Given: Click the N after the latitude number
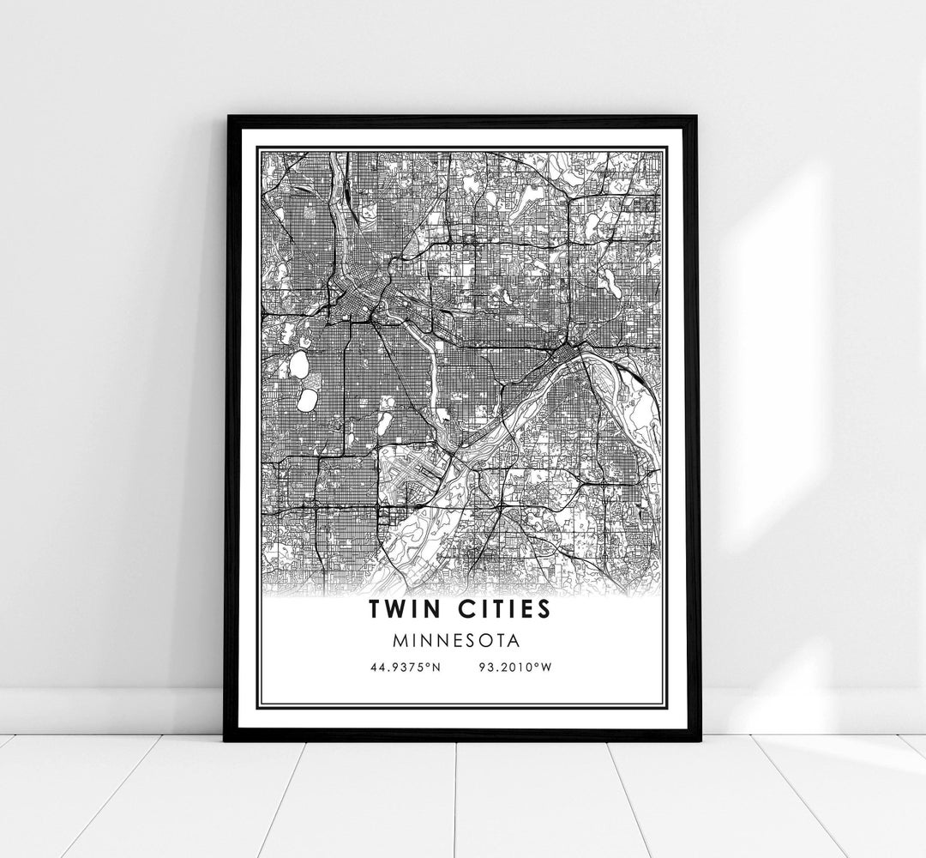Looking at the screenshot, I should click(436, 668).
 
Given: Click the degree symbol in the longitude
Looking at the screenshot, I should click(537, 665).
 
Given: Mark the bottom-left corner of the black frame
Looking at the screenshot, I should click(226, 739).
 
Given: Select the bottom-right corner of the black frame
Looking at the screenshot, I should click(698, 739).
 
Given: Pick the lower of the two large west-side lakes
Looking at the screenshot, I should click(305, 401).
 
